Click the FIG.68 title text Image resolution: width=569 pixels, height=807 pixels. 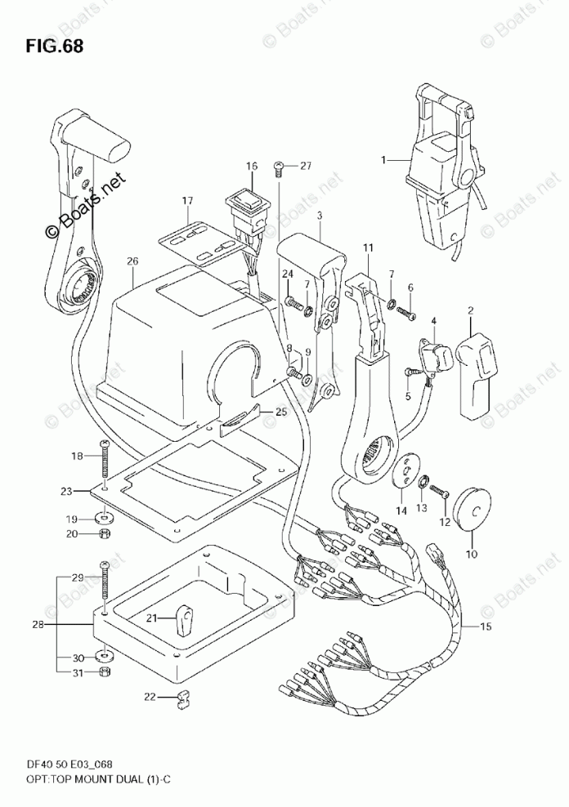tap(53, 45)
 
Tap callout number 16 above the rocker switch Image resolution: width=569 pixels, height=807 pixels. tap(251, 167)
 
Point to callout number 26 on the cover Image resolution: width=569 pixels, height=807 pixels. tap(132, 262)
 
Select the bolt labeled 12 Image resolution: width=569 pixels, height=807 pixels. tap(437, 492)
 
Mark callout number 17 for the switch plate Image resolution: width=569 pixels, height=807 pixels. tap(187, 200)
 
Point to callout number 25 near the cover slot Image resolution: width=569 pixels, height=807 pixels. tap(280, 412)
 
